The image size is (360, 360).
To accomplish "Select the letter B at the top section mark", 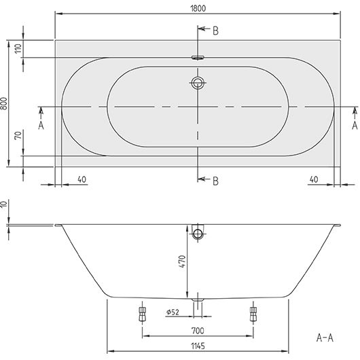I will click(215, 31).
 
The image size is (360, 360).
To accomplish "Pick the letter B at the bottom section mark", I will click(215, 180).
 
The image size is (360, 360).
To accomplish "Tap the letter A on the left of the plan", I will click(41, 125).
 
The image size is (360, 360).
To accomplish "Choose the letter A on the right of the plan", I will click(354, 125).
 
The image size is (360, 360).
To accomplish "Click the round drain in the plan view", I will click(198, 84).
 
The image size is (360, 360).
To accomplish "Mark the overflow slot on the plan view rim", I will click(198, 58).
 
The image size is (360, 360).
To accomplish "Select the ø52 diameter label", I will click(173, 312).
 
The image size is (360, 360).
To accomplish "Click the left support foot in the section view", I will click(142, 313).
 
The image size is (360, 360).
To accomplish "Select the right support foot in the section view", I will click(253, 313).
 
